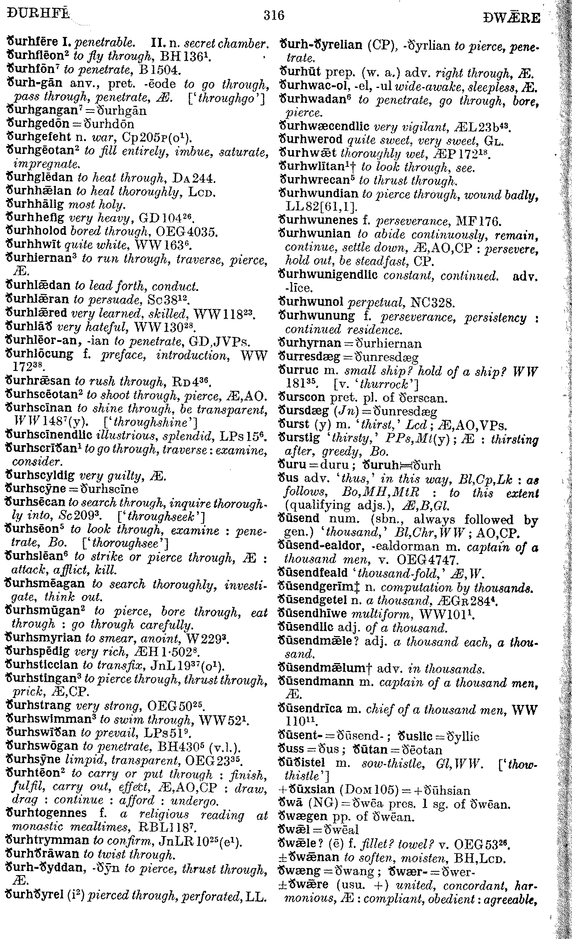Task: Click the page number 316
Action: click(x=273, y=15)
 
